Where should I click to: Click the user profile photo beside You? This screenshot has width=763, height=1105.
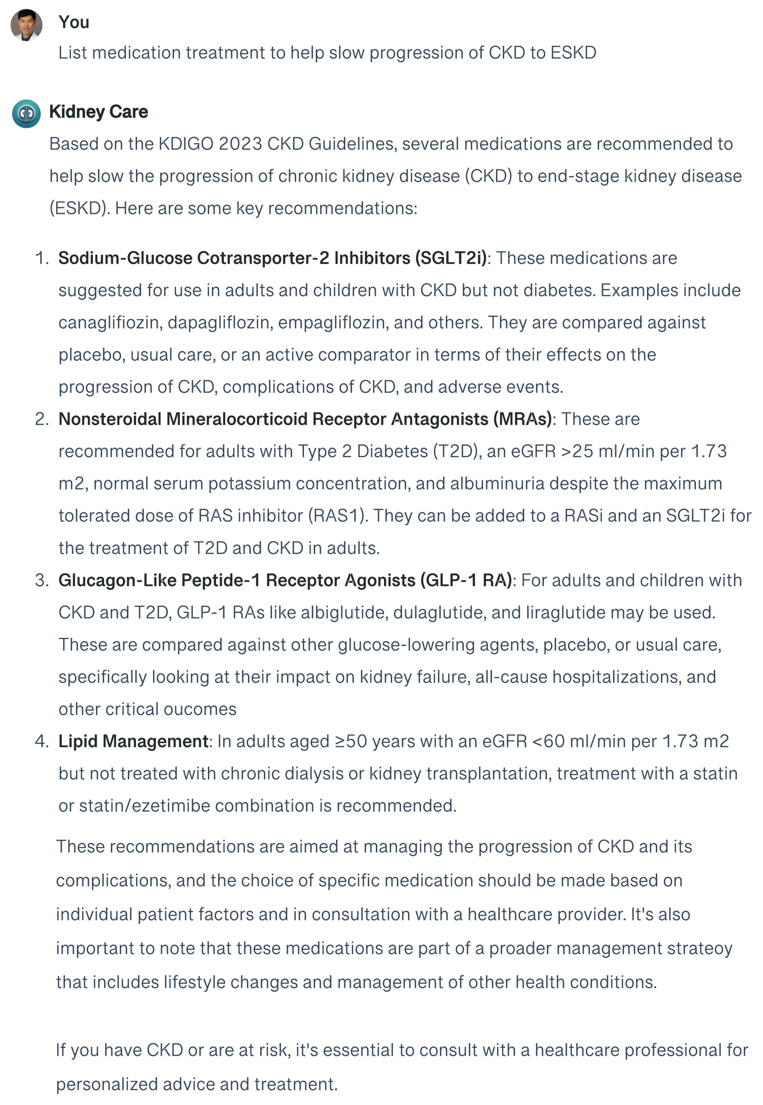click(x=26, y=25)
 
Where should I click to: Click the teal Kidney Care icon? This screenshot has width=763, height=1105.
click(x=26, y=114)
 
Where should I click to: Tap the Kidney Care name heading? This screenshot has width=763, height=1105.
click(x=98, y=112)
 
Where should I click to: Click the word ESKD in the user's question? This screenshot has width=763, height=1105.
click(x=573, y=53)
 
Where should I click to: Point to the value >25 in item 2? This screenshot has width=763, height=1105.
click(x=577, y=451)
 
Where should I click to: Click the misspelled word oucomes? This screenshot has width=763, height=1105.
click(x=206, y=709)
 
